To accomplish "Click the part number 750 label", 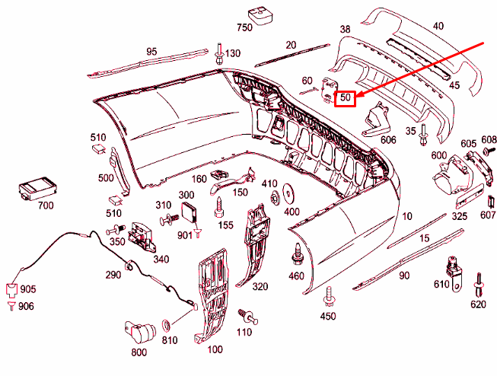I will point(244,28).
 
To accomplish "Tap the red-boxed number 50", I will point(346,97).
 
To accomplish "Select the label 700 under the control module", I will point(45,206).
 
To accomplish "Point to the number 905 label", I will point(27,290).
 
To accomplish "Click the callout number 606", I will point(388,140).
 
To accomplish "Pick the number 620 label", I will point(478,304).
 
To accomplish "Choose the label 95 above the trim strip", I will point(151,52).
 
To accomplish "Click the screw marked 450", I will point(330,297).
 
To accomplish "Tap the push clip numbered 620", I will point(479,283).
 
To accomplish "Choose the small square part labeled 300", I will point(190,214).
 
